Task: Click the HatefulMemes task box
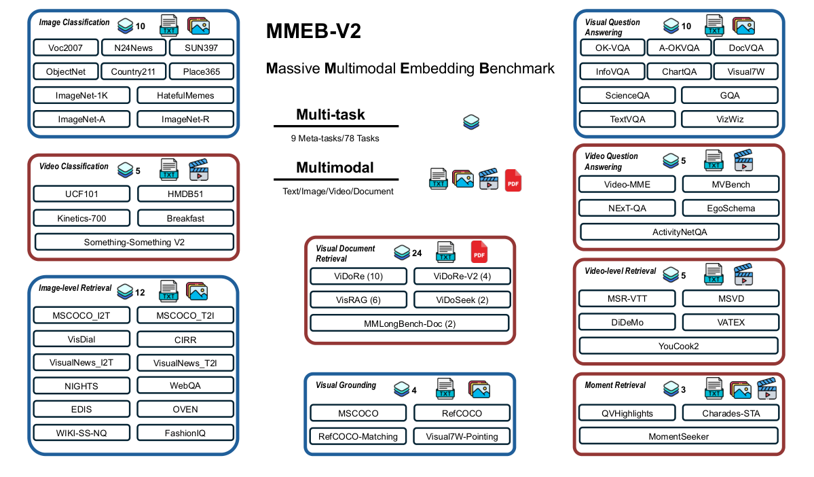[x=185, y=96]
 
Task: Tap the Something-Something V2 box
[x=134, y=242]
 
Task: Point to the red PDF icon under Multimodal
[x=513, y=180]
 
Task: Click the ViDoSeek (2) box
[x=461, y=300]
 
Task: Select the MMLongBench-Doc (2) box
[x=409, y=323]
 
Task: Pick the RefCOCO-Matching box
[x=358, y=436]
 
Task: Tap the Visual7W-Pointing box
[x=461, y=436]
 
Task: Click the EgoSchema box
[x=730, y=208]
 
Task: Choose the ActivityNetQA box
[x=678, y=232]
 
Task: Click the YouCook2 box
[x=678, y=346]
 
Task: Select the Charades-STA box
[x=730, y=412]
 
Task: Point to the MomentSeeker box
[x=678, y=436]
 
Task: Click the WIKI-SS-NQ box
[x=82, y=433]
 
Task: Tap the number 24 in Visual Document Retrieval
[x=417, y=253]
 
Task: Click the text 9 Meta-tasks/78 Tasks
[x=335, y=138]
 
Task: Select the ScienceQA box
[x=627, y=96]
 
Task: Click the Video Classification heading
[x=74, y=166]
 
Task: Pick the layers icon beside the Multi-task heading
[x=471, y=122]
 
